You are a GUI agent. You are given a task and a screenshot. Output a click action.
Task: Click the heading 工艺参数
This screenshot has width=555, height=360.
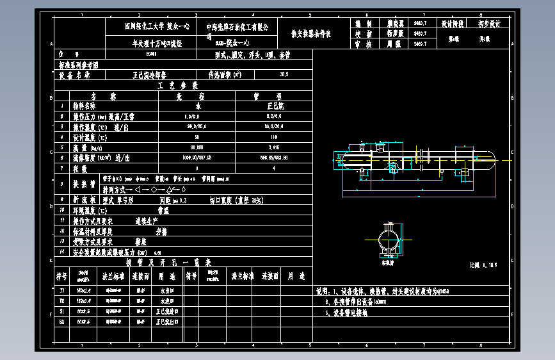click(184, 85)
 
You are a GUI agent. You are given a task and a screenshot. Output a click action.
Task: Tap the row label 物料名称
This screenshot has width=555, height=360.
click(84, 106)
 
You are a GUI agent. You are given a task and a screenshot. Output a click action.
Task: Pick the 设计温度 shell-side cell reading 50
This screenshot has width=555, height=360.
click(197, 137)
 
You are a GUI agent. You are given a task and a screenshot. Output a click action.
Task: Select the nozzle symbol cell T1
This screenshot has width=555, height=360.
click(61, 290)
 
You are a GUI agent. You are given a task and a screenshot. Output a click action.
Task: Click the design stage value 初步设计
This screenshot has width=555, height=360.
click(490, 24)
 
